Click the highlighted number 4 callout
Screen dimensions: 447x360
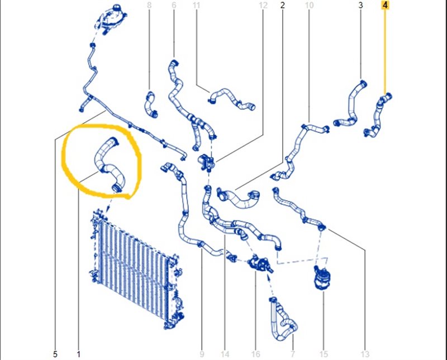coord(385,5)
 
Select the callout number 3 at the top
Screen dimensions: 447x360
coord(360,5)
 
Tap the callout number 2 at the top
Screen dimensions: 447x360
coord(283,5)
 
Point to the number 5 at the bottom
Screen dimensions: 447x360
coord(55,354)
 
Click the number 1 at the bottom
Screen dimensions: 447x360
coord(78,354)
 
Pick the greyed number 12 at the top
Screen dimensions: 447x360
coord(263,5)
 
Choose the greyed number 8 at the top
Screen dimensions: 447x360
coord(149,5)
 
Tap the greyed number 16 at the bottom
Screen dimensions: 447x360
coord(255,354)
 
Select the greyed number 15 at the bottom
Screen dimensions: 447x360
coord(324,354)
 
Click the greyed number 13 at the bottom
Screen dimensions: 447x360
coord(365,354)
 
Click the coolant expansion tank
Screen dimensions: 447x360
coord(111,18)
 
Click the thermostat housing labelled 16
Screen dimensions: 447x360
coord(259,264)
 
